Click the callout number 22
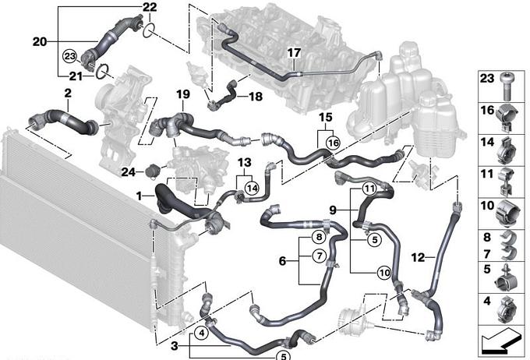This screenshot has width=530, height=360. click(x=150, y=7)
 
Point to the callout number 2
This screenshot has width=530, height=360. click(x=68, y=94)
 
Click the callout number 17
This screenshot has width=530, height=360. click(x=293, y=53)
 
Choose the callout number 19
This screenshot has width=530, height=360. click(x=182, y=94)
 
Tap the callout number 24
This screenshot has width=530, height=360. click(x=129, y=171)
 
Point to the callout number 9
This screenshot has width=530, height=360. click(x=332, y=210)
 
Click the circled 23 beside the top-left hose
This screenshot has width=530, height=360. click(x=69, y=56)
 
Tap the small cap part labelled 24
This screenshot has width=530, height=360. click(x=152, y=169)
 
